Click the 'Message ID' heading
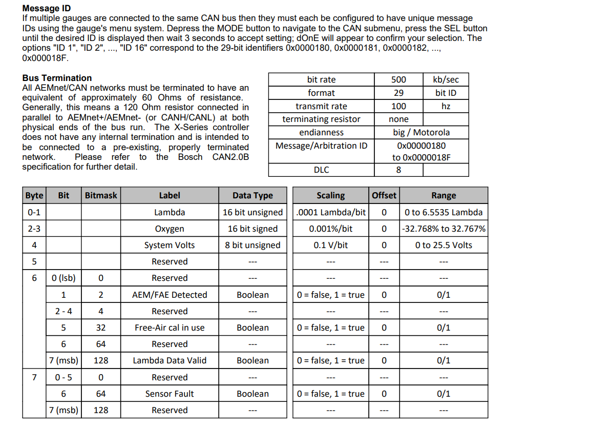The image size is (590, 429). click(47, 8)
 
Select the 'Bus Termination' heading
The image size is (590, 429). click(57, 78)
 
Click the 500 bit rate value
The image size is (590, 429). click(398, 79)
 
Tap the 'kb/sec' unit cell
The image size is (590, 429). click(446, 79)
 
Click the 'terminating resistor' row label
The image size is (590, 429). click(321, 119)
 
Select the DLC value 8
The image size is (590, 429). click(398, 170)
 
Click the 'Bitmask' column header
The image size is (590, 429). click(101, 195)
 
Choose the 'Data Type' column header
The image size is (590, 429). click(252, 195)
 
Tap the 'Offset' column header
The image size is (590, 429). click(384, 195)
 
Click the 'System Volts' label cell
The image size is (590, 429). click(170, 245)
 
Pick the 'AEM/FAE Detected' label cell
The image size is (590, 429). click(170, 295)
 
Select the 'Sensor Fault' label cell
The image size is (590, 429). click(170, 394)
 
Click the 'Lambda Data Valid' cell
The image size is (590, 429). click(170, 360)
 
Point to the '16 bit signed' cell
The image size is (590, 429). click(252, 229)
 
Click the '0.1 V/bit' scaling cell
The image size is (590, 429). click(330, 245)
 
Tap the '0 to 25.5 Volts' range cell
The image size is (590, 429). click(444, 245)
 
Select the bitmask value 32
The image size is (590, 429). click(101, 328)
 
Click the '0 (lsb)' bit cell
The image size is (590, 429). click(64, 278)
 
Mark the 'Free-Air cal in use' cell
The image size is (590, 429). click(170, 328)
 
